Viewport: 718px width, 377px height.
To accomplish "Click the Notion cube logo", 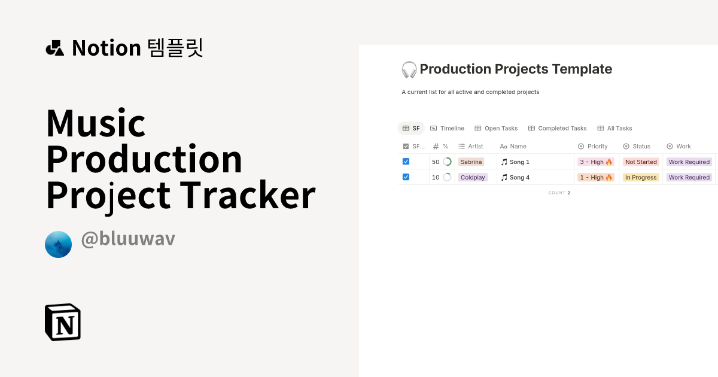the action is tap(63, 322).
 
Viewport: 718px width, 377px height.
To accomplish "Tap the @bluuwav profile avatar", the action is tap(58, 244).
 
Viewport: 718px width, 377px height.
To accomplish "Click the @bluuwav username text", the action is tap(128, 238).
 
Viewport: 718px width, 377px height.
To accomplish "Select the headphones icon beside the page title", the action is tap(409, 69).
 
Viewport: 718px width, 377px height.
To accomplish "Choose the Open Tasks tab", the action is tap(496, 128).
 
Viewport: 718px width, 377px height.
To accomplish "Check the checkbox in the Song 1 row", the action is tap(406, 162).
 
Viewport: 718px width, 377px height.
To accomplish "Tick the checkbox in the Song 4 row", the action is tap(406, 177).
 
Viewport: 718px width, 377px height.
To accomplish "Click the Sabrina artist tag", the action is tap(471, 162).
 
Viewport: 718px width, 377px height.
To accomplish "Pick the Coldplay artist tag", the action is tap(473, 177).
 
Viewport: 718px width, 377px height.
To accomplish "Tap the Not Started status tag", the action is tap(641, 162).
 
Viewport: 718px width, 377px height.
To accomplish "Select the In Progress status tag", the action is tap(641, 177).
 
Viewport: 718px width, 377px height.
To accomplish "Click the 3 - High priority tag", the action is tap(596, 162).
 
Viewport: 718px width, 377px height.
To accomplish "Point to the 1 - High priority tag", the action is tap(596, 177).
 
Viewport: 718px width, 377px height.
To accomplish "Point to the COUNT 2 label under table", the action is tap(559, 193).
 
